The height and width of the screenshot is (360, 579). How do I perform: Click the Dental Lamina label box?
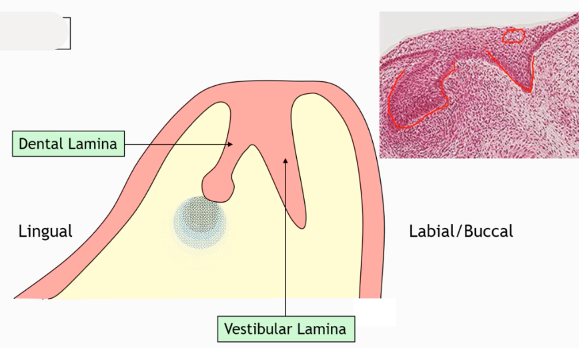(68, 143)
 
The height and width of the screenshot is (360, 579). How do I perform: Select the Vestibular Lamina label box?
(285, 329)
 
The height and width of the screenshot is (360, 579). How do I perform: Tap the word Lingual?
(45, 231)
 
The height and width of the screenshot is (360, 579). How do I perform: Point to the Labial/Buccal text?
(460, 231)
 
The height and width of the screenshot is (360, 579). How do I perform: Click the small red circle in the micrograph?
(513, 35)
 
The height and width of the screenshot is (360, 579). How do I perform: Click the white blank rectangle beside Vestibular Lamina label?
(374, 313)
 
